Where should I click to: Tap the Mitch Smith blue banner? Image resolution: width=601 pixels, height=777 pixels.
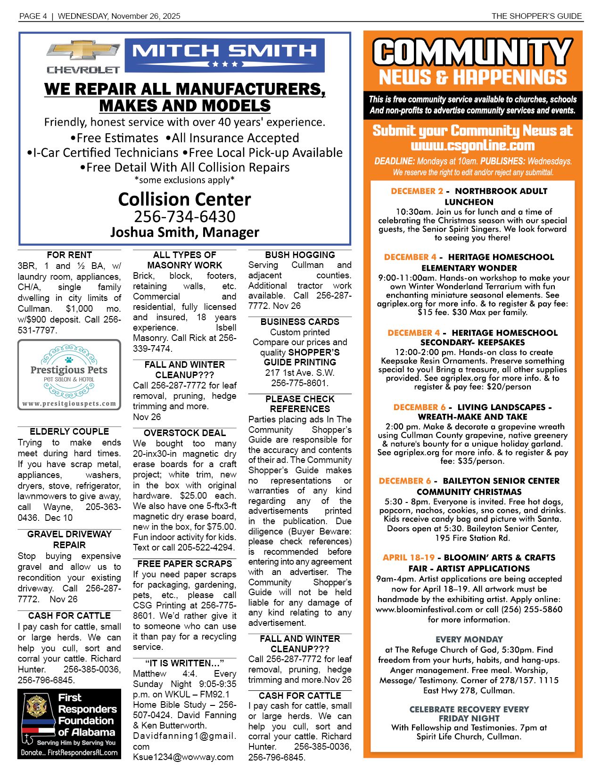tap(224, 55)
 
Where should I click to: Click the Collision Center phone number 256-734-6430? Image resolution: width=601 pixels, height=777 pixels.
tap(184, 217)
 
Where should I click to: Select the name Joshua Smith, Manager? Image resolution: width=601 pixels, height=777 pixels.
tap(184, 232)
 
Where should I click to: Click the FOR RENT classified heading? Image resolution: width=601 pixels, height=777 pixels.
tap(69, 255)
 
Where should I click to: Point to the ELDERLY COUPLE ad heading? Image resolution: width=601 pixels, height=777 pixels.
tap(69, 432)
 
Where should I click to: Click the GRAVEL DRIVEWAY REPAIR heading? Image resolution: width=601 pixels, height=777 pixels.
tap(69, 540)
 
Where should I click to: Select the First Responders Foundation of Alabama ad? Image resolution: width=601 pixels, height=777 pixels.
tap(69, 723)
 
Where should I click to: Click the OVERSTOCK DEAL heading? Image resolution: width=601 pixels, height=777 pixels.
tap(184, 433)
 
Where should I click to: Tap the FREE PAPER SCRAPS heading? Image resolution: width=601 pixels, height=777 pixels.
tap(184, 564)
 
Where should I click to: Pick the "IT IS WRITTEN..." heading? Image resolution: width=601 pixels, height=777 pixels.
tap(184, 663)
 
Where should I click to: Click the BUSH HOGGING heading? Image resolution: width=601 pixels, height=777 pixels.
tap(300, 255)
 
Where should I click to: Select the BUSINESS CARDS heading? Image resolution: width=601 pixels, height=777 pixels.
tap(300, 322)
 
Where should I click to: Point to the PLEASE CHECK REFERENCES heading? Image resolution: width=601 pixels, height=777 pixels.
tap(300, 404)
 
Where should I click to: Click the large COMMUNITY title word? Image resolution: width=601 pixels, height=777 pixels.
tap(473, 52)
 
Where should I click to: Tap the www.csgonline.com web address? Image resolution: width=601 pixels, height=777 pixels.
tap(473, 146)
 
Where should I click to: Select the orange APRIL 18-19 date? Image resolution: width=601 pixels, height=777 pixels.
tap(408, 558)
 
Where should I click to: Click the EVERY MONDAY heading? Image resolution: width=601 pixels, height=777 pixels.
tap(469, 639)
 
